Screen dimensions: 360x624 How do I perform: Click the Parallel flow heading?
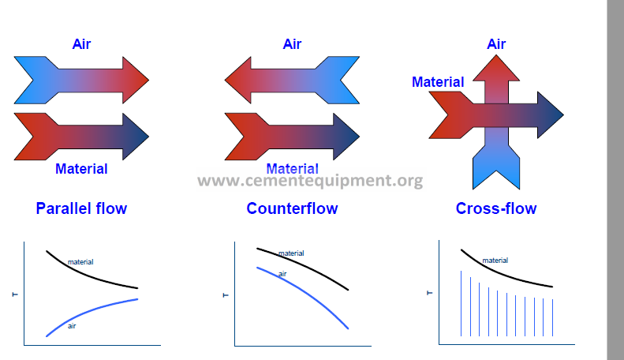pos(81,209)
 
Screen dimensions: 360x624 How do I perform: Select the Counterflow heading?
pos(292,209)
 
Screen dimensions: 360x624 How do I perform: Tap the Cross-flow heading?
pos(496,209)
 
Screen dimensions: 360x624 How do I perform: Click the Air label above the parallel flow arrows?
pos(81,44)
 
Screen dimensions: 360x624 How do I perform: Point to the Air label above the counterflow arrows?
pos(292,44)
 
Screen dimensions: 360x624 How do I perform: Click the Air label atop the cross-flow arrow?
pos(496,44)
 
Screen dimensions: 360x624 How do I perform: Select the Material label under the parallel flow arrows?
pos(81,168)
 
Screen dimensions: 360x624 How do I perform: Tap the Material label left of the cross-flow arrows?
pos(438,81)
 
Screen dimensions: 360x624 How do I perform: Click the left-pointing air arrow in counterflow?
pos(292,80)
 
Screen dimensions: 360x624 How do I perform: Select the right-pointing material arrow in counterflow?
pos(292,136)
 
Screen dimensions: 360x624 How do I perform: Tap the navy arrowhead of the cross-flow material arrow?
pos(549,115)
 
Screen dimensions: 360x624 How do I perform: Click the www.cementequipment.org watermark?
pos(310,182)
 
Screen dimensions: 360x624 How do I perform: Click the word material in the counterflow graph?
pos(291,253)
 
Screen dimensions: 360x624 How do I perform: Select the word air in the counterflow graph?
pos(282,273)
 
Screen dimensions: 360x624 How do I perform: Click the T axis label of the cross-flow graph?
pos(430,293)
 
